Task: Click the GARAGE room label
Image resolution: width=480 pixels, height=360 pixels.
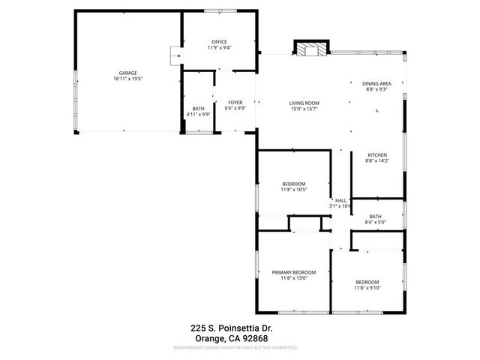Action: click(x=127, y=73)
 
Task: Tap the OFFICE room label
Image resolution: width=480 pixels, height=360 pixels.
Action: click(x=219, y=41)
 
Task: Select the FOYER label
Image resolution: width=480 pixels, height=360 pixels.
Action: click(x=235, y=102)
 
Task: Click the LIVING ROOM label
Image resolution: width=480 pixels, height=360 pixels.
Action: click(x=304, y=102)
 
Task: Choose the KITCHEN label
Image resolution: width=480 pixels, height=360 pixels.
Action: click(x=376, y=154)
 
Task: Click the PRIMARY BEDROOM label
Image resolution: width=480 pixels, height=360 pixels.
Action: click(x=294, y=272)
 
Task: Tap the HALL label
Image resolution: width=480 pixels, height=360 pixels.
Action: click(x=340, y=200)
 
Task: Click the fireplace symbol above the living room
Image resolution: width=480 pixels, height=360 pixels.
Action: click(x=310, y=49)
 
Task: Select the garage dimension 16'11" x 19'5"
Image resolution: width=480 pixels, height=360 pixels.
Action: click(x=127, y=79)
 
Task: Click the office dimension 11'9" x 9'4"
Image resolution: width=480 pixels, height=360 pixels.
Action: click(x=220, y=47)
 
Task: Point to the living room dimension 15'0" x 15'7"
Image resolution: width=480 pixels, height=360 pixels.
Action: click(x=304, y=108)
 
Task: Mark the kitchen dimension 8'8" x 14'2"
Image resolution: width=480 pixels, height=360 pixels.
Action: click(x=376, y=160)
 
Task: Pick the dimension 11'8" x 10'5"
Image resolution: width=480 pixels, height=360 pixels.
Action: click(x=294, y=190)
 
